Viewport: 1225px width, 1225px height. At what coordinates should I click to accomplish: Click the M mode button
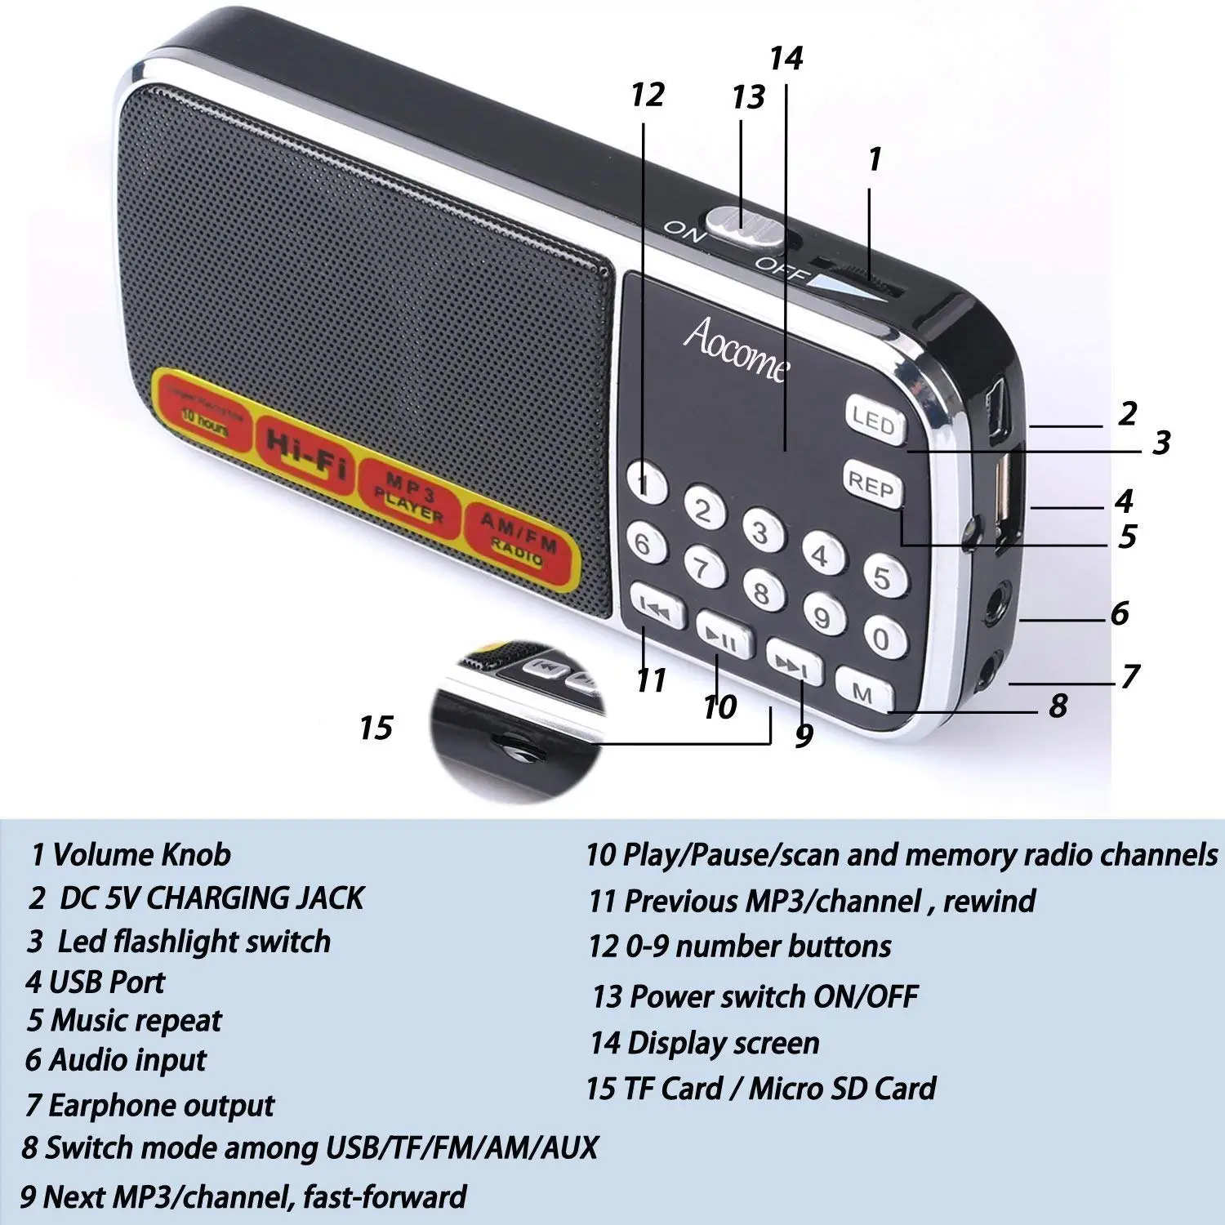[x=863, y=693]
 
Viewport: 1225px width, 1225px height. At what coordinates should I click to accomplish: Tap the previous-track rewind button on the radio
[x=657, y=606]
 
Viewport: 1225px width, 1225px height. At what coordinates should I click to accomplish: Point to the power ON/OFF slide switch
[x=746, y=221]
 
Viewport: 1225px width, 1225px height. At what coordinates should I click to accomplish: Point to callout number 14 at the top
[x=786, y=58]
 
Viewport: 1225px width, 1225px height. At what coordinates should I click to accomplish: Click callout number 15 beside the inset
[x=376, y=728]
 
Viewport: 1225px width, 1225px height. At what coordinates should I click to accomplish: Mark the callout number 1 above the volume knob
[x=875, y=159]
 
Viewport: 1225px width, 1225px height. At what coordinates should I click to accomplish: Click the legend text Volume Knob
[x=141, y=855]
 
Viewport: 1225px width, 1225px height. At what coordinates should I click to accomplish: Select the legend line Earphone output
[x=161, y=1105]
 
